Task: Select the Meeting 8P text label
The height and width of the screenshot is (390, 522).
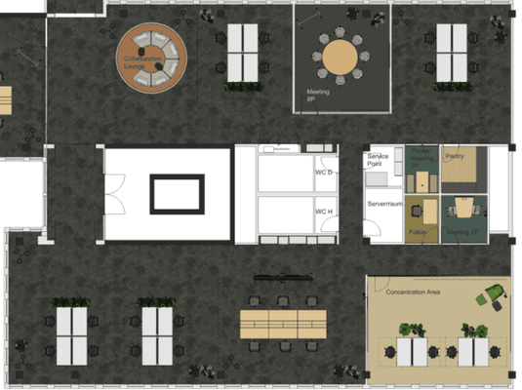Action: [x=318, y=96]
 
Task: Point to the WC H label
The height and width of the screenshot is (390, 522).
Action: [x=324, y=211]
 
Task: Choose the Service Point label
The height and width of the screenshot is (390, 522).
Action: [x=379, y=160]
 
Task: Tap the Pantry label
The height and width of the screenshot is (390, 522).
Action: [x=454, y=156]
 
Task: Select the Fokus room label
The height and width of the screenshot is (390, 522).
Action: [x=418, y=232]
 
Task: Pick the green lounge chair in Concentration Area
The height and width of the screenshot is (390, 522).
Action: [x=494, y=292]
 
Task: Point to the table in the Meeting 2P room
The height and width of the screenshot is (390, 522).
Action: [x=462, y=207]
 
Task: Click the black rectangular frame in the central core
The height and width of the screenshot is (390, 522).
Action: [x=177, y=193]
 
